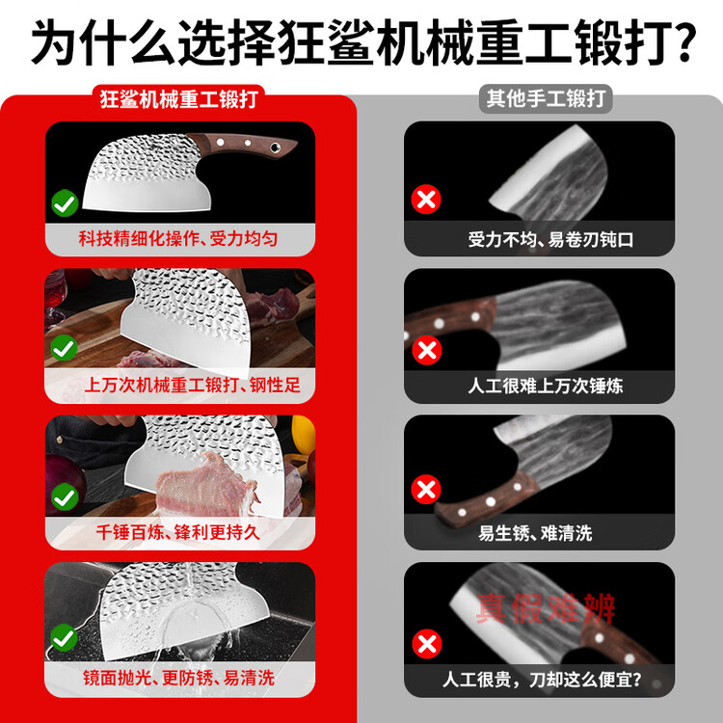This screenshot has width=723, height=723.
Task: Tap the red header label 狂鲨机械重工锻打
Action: (x=178, y=99)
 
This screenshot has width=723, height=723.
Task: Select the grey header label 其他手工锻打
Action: (x=546, y=98)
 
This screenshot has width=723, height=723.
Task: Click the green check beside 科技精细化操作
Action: (x=65, y=202)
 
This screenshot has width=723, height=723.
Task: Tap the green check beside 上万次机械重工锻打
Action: (x=64, y=348)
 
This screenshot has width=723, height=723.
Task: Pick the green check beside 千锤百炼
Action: (x=65, y=496)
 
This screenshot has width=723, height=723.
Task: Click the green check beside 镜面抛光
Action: (x=64, y=638)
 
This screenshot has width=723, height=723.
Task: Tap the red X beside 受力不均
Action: (x=426, y=200)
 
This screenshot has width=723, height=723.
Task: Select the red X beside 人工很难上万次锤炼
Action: (x=427, y=351)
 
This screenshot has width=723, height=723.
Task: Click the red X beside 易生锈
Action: (x=426, y=489)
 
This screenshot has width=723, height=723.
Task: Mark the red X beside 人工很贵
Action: (x=427, y=644)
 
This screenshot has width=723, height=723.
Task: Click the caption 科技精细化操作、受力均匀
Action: (x=178, y=239)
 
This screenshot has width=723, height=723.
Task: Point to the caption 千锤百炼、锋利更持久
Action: (x=178, y=532)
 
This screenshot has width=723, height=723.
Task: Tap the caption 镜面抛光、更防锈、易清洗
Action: (x=179, y=679)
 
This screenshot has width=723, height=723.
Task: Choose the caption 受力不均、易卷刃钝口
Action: (x=550, y=240)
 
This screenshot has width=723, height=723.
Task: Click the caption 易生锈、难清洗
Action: (x=535, y=533)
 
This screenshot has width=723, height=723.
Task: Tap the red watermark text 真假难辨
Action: (x=546, y=608)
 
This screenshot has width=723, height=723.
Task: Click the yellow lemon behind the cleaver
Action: (x=303, y=435)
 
